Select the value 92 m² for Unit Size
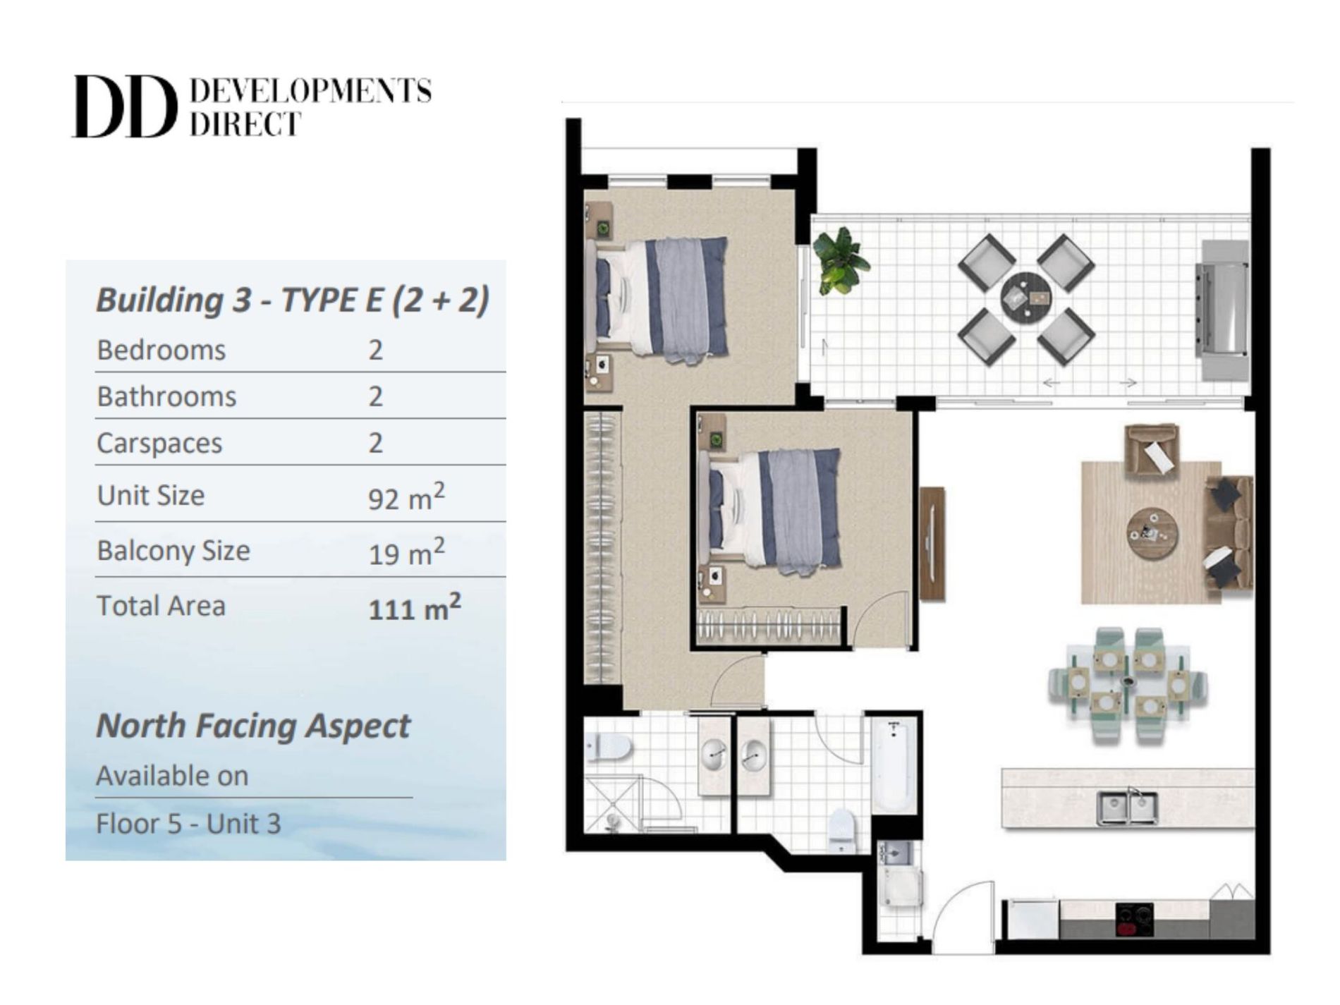(x=406, y=497)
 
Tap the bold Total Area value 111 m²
(x=415, y=607)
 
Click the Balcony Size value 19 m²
(x=406, y=552)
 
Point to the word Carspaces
(x=159, y=443)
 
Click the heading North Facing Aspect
(x=253, y=726)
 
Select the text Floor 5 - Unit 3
(x=188, y=823)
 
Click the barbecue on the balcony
(x=1224, y=310)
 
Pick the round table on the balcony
(x=1026, y=299)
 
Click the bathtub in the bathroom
(x=894, y=767)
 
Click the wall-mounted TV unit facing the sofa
(x=932, y=543)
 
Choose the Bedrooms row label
(x=162, y=350)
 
